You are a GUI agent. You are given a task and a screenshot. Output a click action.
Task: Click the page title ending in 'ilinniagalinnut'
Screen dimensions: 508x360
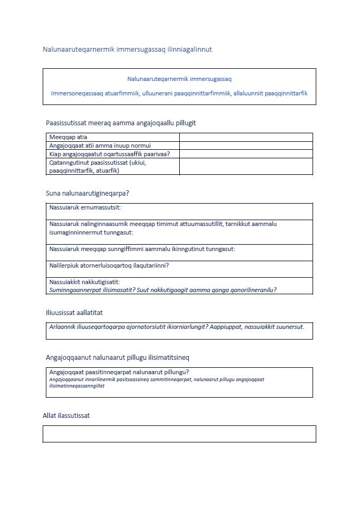click(x=127, y=50)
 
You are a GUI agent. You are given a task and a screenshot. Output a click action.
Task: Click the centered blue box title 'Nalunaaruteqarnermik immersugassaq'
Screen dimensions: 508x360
click(x=179, y=79)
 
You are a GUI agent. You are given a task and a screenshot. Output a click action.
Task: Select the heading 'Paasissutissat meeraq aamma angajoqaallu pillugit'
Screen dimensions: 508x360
click(x=121, y=123)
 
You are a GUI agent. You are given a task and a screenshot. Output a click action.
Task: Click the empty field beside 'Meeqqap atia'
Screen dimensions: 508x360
click(x=246, y=138)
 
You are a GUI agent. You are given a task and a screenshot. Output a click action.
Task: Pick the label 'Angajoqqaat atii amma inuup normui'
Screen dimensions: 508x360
click(x=100, y=146)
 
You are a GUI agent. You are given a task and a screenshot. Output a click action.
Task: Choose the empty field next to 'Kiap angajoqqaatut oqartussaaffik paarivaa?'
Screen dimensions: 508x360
click(x=246, y=154)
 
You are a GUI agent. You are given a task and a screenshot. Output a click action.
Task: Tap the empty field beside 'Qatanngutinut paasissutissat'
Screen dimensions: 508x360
click(x=246, y=166)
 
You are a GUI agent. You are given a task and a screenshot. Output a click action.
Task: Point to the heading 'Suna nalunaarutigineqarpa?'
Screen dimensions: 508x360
click(x=87, y=193)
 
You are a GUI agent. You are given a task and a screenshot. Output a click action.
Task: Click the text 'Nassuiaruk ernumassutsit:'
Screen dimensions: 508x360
click(x=85, y=207)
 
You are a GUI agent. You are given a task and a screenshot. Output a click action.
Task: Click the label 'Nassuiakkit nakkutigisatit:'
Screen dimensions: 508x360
click(x=85, y=282)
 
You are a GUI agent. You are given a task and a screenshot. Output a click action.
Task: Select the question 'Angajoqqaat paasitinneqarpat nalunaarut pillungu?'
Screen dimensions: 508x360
click(x=119, y=372)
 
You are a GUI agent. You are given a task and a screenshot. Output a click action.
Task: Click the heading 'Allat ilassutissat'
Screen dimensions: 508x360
click(x=66, y=415)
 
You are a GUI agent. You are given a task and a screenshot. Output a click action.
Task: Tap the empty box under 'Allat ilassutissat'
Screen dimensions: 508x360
click(x=179, y=434)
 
